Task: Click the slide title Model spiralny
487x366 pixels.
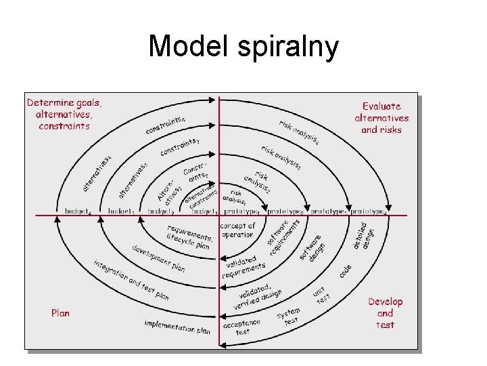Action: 243,46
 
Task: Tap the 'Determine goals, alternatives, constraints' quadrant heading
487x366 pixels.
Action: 64,115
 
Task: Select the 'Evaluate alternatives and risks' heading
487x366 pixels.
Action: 381,118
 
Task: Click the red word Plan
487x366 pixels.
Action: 60,313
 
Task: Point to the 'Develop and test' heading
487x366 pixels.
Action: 385,313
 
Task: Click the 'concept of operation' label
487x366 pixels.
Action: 237,230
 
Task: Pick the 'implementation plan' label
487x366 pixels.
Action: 177,327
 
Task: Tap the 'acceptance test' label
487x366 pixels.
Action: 243,328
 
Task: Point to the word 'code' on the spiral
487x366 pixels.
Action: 345,270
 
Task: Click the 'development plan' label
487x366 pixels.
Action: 159,258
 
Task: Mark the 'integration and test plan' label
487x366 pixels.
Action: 131,280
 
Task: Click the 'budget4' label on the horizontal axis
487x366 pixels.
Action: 78,211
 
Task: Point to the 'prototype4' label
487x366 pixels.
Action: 369,211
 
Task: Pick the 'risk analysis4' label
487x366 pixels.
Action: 299,131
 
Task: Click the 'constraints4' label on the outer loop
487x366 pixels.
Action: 166,125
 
